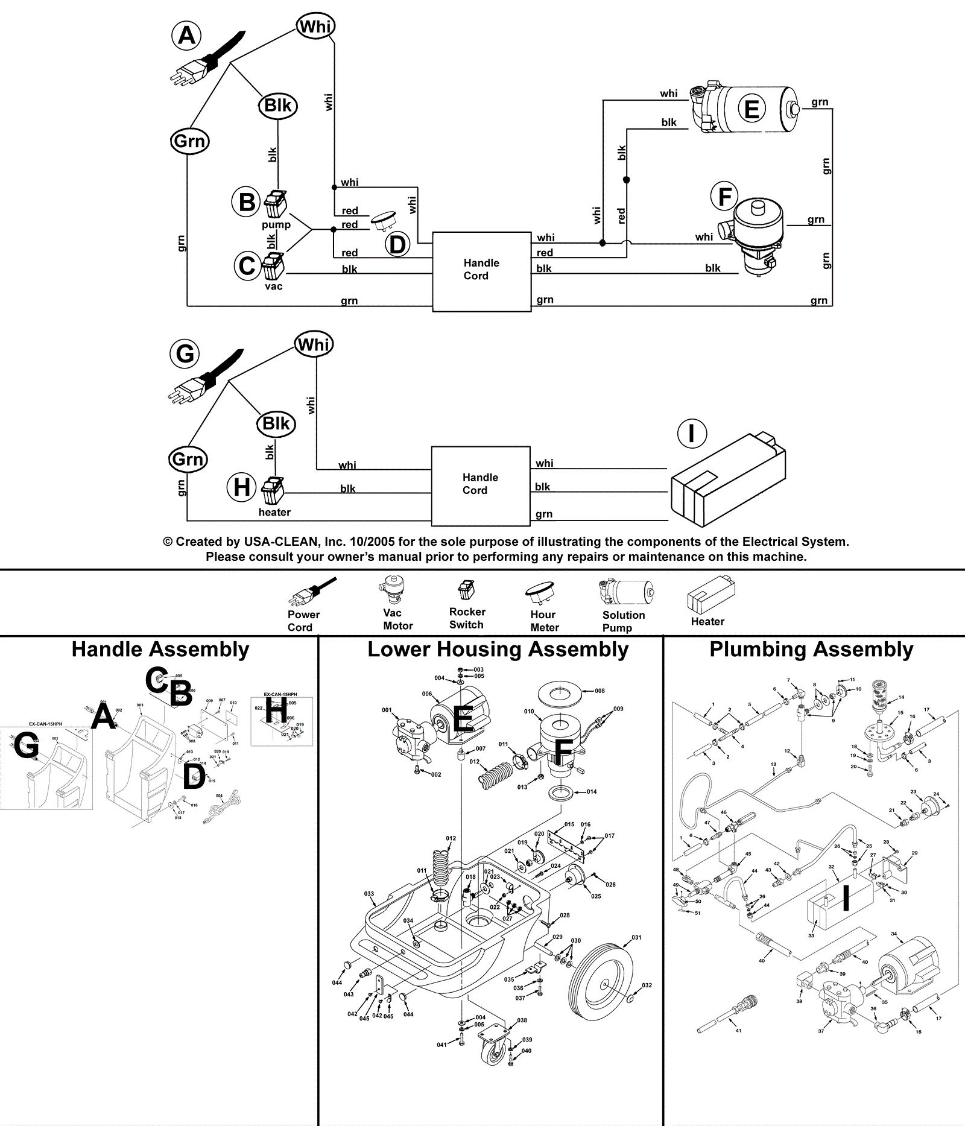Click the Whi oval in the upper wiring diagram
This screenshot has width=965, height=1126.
(x=315, y=27)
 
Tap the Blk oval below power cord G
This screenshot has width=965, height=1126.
(x=276, y=423)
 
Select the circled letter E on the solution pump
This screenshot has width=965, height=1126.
(x=751, y=110)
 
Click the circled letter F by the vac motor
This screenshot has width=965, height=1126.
(x=725, y=197)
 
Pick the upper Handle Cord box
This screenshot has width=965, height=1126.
(x=481, y=271)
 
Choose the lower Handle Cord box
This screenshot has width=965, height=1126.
(x=480, y=485)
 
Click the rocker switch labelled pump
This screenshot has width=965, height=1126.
(x=276, y=203)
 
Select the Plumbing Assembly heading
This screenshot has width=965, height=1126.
(x=811, y=650)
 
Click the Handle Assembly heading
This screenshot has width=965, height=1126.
(x=160, y=650)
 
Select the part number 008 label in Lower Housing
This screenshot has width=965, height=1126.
(x=600, y=691)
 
